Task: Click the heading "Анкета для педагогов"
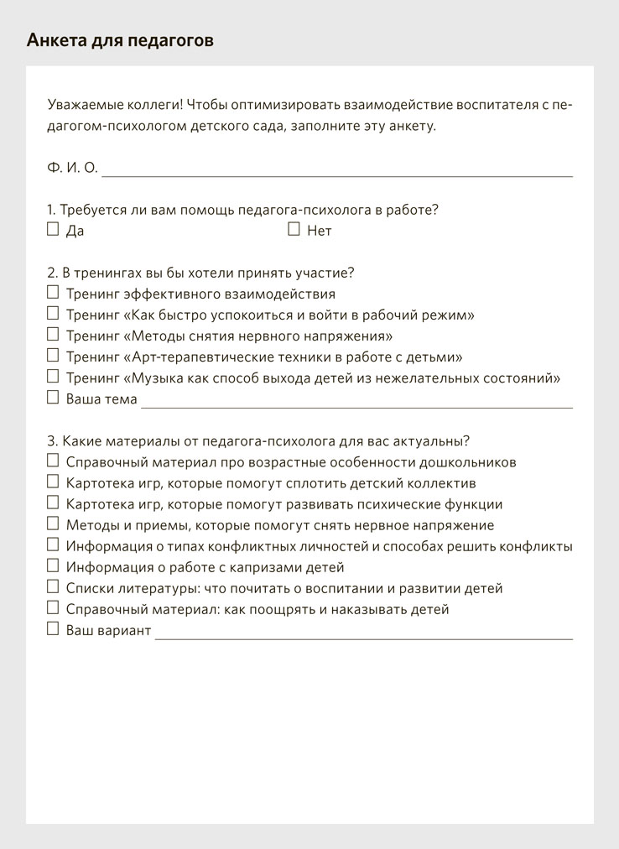(120, 40)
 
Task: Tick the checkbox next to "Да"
(53, 229)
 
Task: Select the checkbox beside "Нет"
(294, 229)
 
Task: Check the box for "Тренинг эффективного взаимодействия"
(53, 293)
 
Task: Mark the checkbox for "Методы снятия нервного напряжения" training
(53, 335)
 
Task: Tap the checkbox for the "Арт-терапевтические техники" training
(53, 356)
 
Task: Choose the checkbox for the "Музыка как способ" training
(53, 377)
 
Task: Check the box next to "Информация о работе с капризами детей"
(53, 566)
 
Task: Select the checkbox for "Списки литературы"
(53, 587)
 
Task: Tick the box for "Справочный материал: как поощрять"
(53, 608)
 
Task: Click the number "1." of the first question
(51, 210)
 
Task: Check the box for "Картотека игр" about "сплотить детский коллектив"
(53, 482)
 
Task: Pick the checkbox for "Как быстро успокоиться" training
(53, 314)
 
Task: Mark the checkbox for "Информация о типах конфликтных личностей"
(53, 545)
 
